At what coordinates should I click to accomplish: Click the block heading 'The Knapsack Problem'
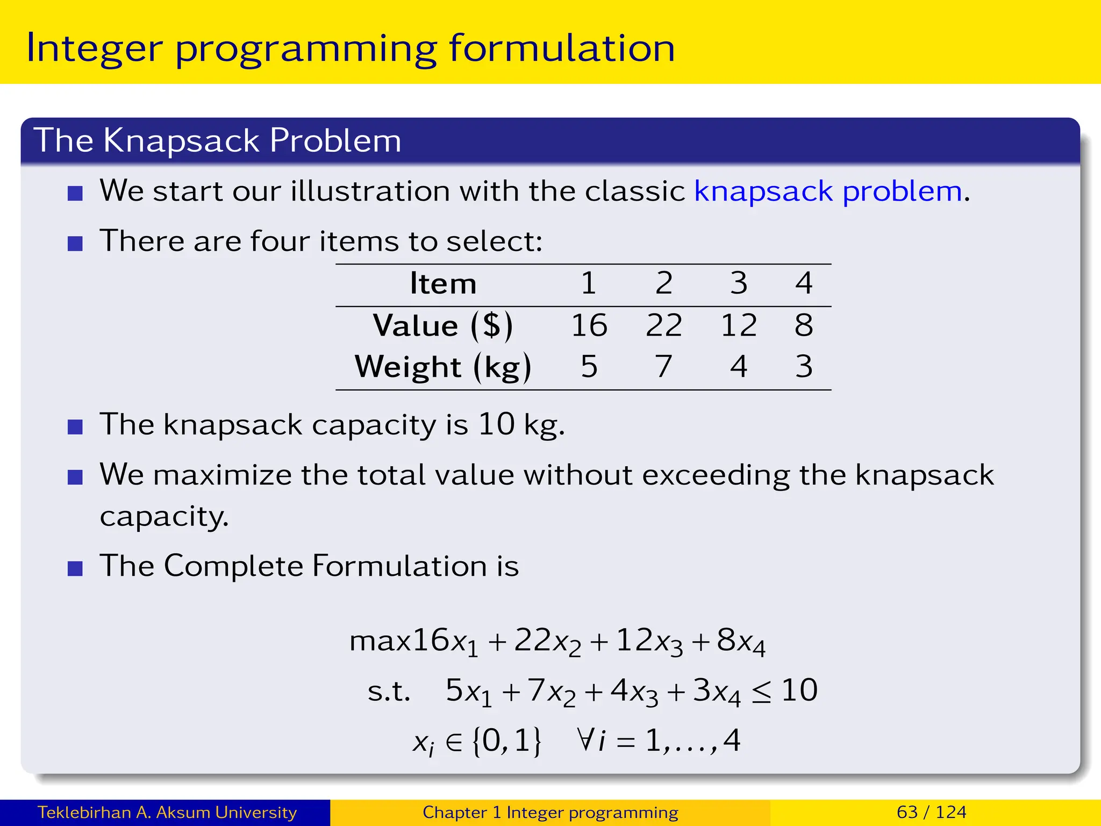217,141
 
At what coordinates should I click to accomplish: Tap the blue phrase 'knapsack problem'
828,191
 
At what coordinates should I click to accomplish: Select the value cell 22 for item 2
664,325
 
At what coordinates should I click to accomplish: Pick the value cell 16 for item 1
589,325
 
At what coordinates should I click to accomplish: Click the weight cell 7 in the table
664,367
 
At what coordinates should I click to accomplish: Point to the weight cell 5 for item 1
589,367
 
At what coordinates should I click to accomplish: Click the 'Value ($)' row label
443,326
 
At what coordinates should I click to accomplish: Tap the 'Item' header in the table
443,283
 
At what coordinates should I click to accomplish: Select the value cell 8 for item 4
804,325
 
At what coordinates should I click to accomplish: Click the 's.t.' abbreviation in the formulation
389,692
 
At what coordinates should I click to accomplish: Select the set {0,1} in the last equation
506,741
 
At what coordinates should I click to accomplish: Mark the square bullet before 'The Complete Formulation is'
75,568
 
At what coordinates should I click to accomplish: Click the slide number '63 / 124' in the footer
931,812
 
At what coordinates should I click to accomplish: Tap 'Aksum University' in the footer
226,812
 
